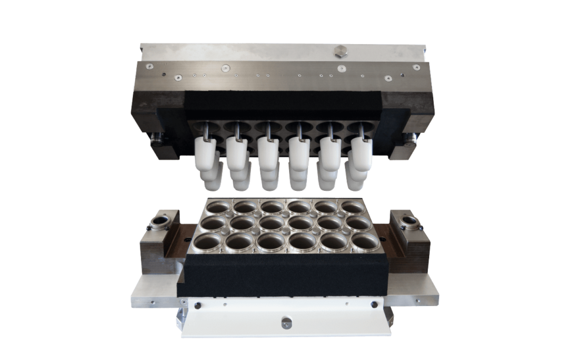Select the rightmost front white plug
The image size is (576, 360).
[362, 154]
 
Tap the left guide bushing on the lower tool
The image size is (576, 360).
[160, 221]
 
